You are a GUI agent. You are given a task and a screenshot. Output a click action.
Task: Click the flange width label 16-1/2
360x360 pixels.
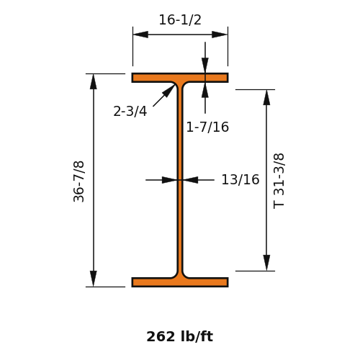(180, 19)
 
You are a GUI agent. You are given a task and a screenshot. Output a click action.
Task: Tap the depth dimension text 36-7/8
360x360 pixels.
(78, 181)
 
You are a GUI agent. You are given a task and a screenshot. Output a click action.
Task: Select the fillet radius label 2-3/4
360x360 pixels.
(130, 112)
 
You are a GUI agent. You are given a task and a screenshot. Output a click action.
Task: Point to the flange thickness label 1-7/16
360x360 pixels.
(207, 127)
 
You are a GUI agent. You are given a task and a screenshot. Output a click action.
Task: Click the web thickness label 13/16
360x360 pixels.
(240, 179)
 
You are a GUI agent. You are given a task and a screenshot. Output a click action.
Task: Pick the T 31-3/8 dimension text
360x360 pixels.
(279, 181)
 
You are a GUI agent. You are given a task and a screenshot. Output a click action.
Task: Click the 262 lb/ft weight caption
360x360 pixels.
(180, 336)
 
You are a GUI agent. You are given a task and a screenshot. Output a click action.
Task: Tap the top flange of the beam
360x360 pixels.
(180, 78)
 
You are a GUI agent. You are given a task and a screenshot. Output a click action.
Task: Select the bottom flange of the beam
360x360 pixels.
(180, 282)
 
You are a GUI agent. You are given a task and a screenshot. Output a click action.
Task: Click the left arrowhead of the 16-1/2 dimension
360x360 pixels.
(140, 35)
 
